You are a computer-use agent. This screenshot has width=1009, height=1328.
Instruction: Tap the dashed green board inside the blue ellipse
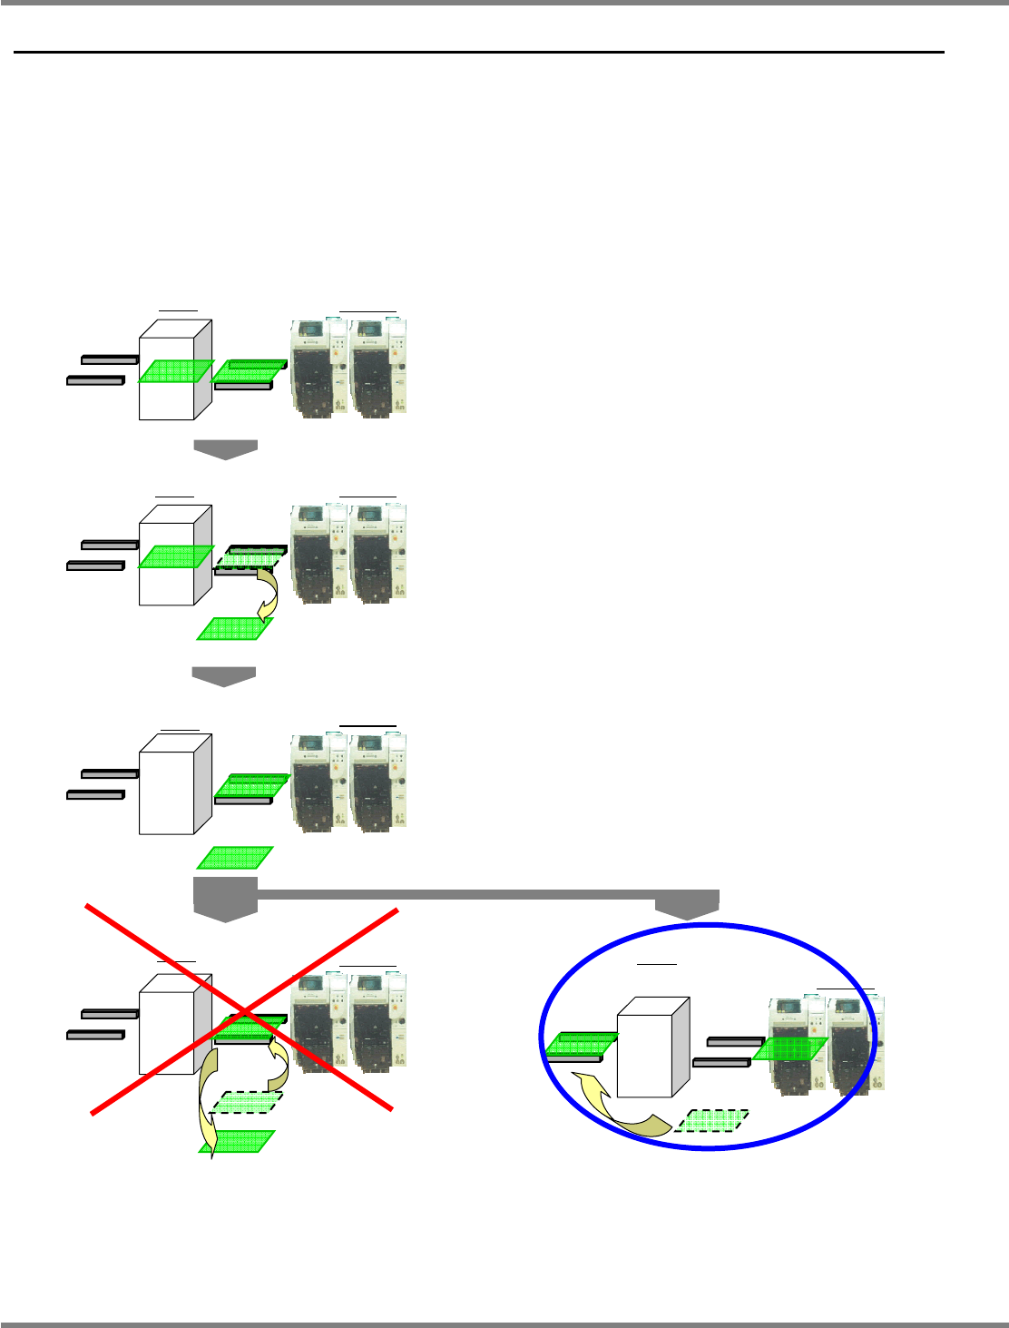point(712,1120)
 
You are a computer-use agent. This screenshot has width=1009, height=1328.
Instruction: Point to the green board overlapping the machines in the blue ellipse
point(789,1048)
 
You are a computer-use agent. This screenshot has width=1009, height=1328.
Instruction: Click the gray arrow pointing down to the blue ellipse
point(688,904)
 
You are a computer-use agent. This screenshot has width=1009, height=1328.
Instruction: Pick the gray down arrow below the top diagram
point(225,449)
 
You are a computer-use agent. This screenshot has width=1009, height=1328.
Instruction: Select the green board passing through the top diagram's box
point(175,371)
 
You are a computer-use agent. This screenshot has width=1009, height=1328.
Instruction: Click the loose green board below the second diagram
point(235,628)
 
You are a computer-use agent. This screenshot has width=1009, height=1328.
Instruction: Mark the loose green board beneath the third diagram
point(235,857)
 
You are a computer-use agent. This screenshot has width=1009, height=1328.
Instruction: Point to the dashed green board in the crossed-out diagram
point(246,1102)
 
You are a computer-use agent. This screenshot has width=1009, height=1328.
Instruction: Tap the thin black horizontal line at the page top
point(479,53)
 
